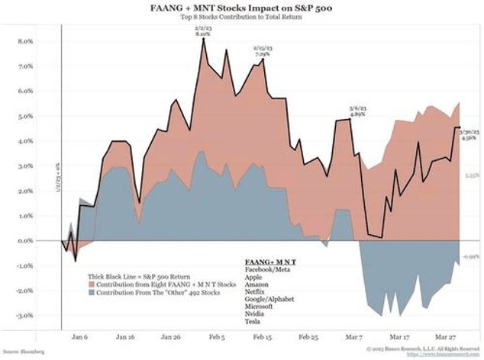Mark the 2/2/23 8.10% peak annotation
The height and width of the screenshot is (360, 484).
point(202,30)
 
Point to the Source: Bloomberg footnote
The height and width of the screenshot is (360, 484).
point(24,352)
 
